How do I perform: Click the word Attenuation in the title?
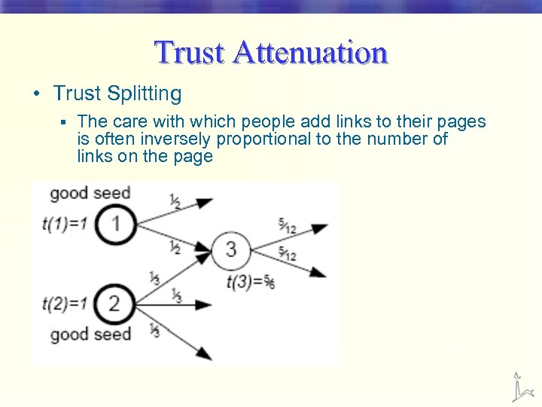tap(310, 54)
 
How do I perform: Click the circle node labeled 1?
tap(115, 224)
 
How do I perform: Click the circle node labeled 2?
tap(114, 304)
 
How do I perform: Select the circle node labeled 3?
tap(231, 249)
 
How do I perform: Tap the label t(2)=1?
tap(65, 304)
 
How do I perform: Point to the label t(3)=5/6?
tap(250, 283)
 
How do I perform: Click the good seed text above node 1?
tap(90, 193)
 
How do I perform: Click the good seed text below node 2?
tap(90, 334)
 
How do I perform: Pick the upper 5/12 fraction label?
tap(287, 225)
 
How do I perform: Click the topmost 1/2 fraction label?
tap(175, 200)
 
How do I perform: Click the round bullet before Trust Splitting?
tap(36, 94)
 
